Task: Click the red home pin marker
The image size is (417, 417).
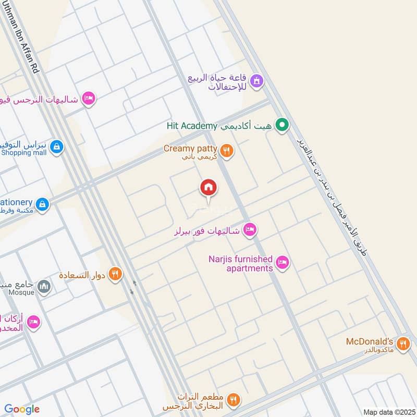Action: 208,188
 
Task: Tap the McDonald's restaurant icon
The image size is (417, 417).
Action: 402,344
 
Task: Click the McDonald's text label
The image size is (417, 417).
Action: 370,342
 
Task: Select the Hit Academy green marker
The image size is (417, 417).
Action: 282,125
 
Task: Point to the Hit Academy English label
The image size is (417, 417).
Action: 191,126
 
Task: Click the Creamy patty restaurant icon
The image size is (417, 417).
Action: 226,151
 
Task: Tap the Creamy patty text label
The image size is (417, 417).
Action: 190,149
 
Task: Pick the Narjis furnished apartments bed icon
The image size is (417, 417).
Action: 283,263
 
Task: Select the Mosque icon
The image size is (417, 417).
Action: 44,286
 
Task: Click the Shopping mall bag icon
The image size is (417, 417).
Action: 56,148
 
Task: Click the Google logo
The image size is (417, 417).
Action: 22,409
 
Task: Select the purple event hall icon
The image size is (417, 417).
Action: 256,81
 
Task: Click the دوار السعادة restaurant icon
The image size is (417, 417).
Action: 116,274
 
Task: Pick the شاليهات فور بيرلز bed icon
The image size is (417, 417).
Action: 250,230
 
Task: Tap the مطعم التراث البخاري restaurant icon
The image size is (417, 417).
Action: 233,400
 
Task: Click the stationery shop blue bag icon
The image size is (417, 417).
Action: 43,204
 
